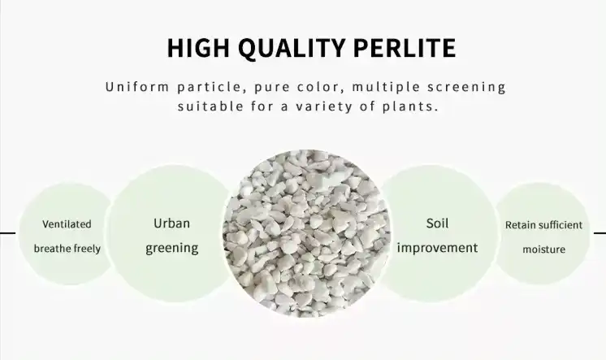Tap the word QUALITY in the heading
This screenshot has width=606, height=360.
(x=291, y=48)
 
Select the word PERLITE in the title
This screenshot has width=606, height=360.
(x=405, y=48)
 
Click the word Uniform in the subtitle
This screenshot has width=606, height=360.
(x=137, y=87)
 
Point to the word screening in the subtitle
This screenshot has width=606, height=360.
(x=466, y=88)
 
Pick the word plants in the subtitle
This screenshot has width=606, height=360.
(x=410, y=106)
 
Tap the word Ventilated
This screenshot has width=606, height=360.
(x=67, y=224)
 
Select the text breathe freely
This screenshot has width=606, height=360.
(x=67, y=248)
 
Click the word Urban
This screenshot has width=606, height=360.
(x=171, y=223)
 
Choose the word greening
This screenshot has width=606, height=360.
(x=172, y=248)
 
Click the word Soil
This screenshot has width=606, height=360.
(x=437, y=223)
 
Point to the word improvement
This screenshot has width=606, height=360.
(x=437, y=248)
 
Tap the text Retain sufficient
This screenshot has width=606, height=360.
(x=543, y=225)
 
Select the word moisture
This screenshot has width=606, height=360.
(x=543, y=249)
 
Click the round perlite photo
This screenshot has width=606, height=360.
(x=306, y=233)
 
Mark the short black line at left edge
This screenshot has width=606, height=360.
(x=8, y=233)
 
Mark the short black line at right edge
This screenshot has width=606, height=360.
(x=600, y=233)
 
